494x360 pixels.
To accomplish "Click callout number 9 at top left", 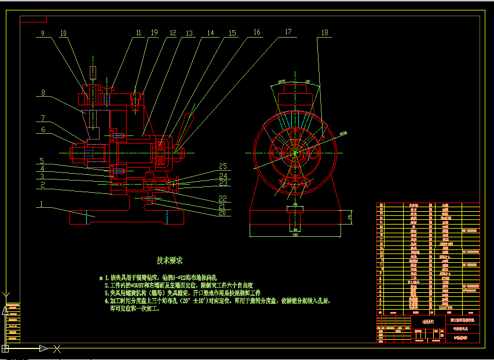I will click(42, 34).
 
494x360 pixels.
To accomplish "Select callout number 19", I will click(154, 34).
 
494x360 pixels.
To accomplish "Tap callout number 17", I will click(288, 33).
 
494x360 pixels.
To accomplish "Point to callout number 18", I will click(324, 33).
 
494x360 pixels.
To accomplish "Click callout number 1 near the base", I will click(42, 204).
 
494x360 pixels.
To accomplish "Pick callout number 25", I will click(223, 167).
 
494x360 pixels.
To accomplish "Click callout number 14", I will click(210, 34).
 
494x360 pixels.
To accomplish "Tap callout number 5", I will click(42, 161).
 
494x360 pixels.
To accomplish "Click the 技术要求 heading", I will click(170, 260).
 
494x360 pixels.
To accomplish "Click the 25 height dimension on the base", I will click(349, 217).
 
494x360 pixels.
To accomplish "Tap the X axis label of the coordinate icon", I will click(57, 348).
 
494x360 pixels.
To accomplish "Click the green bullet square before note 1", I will click(101, 278).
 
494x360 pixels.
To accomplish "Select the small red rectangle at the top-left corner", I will click(33, 19).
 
